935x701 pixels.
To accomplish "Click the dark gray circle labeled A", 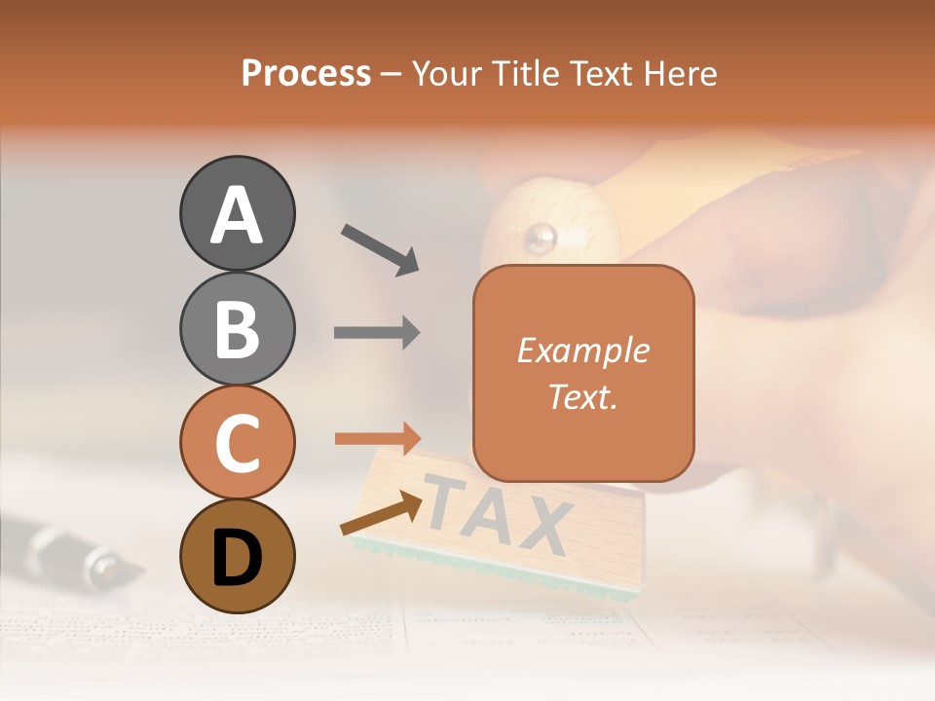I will (x=237, y=213).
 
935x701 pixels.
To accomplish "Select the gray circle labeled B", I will (x=237, y=328).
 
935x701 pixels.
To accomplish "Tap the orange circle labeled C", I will (x=237, y=443).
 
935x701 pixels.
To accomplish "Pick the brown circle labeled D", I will (x=237, y=556).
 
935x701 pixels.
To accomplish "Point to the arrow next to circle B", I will (x=378, y=333).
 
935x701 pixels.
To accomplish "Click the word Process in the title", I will (x=306, y=73).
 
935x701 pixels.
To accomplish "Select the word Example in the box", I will (x=582, y=350).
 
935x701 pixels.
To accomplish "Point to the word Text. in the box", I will (x=582, y=396).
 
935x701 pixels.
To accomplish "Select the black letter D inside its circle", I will (x=237, y=557).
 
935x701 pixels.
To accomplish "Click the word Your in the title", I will (x=448, y=73).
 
